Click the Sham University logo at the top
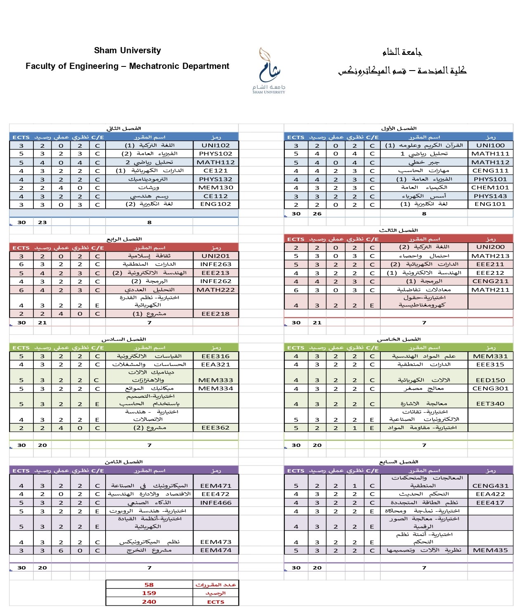pyautogui.click(x=269, y=70)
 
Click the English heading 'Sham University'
pyautogui.click(x=127, y=51)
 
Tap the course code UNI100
pyautogui.click(x=490, y=145)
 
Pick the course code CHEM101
pyautogui.click(x=490, y=187)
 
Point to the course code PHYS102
pyautogui.click(x=215, y=154)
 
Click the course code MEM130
pyautogui.click(x=215, y=187)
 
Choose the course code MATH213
pyautogui.click(x=490, y=256)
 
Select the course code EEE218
pyautogui.click(x=215, y=314)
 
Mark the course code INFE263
pyautogui.click(x=215, y=264)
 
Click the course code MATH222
pyautogui.click(x=215, y=290)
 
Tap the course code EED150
pyautogui.click(x=490, y=380)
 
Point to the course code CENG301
pyautogui.click(x=490, y=388)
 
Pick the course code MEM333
pyautogui.click(x=215, y=380)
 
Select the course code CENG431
pyautogui.click(x=490, y=486)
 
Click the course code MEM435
pyautogui.click(x=490, y=550)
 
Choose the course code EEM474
pyautogui.click(x=215, y=550)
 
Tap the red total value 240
pyautogui.click(x=149, y=602)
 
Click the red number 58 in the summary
pyautogui.click(x=149, y=585)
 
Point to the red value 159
pyautogui.click(x=149, y=593)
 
